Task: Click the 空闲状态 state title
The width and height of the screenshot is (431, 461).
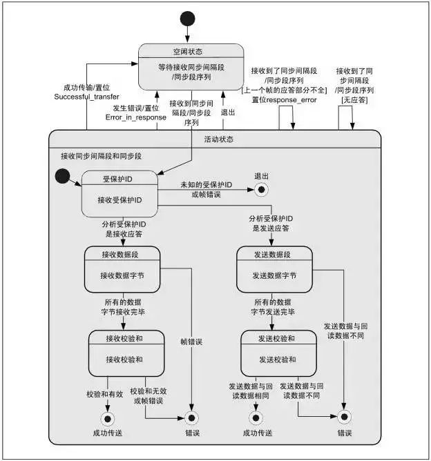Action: (x=191, y=52)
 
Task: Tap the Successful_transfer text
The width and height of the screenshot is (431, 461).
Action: (x=86, y=97)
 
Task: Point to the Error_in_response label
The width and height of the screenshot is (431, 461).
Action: (x=135, y=117)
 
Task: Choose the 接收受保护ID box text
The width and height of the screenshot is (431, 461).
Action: (x=119, y=200)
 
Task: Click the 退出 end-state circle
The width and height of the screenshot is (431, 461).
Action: (x=261, y=188)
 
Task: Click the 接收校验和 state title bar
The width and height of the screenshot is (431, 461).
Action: (x=126, y=337)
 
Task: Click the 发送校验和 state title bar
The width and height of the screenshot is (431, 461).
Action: (x=276, y=337)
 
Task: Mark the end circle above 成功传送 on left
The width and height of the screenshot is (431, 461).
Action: (x=107, y=418)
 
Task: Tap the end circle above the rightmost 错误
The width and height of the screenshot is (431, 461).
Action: (x=343, y=417)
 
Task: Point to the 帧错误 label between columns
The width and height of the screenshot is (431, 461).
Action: (x=192, y=341)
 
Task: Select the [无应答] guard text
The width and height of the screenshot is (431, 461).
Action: (x=354, y=101)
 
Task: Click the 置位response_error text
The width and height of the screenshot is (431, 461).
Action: (x=280, y=99)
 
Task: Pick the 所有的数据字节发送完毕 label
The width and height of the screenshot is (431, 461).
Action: (x=273, y=307)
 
